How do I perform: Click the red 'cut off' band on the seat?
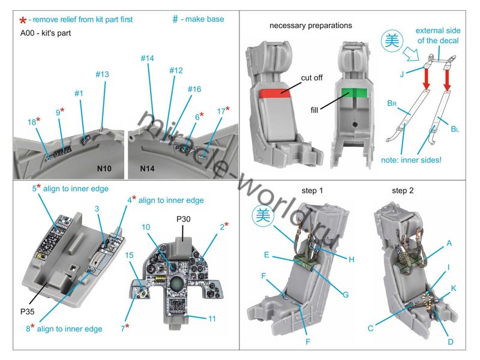tap(273, 94)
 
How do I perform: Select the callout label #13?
tap(102, 74)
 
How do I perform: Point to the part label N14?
tap(148, 169)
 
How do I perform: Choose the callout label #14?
tap(148, 59)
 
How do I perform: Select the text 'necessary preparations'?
tap(311, 26)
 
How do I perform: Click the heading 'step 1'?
tap(312, 191)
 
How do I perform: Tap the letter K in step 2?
tap(454, 289)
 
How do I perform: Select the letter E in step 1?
tap(266, 254)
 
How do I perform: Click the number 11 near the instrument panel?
tap(212, 319)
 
